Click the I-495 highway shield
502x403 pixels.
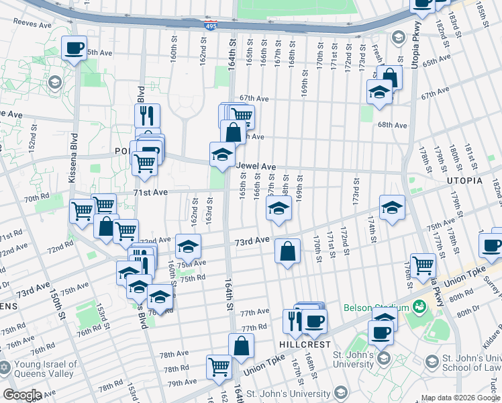(x=210, y=26)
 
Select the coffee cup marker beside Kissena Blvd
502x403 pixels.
(x=74, y=48)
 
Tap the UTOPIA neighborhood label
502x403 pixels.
(x=463, y=181)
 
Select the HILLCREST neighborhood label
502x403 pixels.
(x=305, y=344)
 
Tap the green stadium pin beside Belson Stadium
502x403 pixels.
(x=420, y=307)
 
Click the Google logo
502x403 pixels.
(x=22, y=395)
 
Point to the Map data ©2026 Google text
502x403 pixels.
(x=460, y=398)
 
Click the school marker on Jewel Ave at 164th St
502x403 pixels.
(x=222, y=155)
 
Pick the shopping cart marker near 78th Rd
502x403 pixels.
(x=219, y=367)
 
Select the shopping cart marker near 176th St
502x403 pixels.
(x=423, y=265)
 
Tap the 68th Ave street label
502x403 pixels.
(x=393, y=125)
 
